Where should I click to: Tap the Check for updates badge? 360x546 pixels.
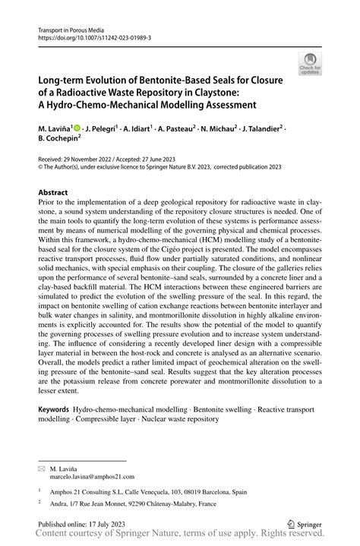(311, 65)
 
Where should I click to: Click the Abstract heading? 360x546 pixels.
(57, 193)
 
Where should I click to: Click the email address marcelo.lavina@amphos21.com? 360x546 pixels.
(90, 459)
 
